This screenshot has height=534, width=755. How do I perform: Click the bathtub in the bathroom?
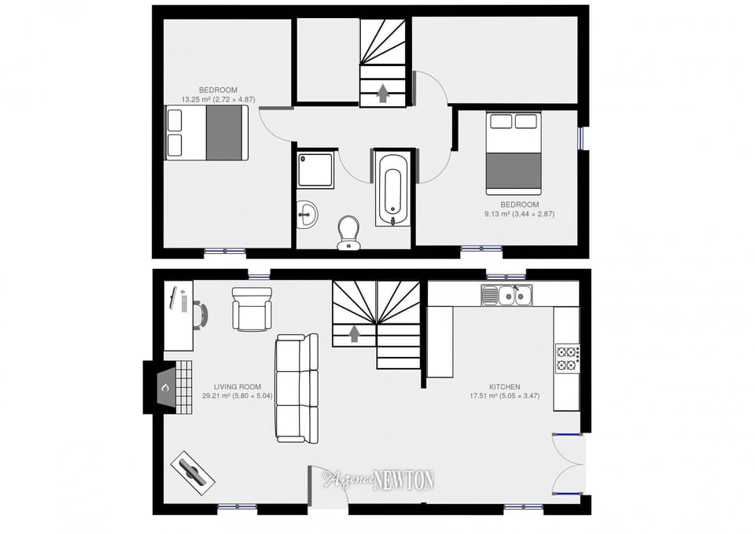(x=392, y=188)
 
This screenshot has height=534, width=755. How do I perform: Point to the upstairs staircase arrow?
(x=383, y=93)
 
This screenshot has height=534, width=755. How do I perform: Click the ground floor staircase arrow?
(x=355, y=333)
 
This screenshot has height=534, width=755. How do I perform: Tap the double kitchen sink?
(x=507, y=296)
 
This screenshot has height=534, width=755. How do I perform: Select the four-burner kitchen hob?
(x=566, y=358)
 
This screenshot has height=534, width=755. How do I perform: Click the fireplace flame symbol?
(x=165, y=387)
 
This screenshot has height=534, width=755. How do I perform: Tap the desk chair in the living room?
(x=202, y=314)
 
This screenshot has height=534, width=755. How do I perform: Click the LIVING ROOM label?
(x=237, y=387)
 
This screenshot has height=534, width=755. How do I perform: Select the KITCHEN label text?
(x=505, y=387)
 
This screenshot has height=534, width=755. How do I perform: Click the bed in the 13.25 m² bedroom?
(x=206, y=132)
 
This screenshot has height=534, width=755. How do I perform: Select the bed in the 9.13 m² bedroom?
(x=514, y=153)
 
